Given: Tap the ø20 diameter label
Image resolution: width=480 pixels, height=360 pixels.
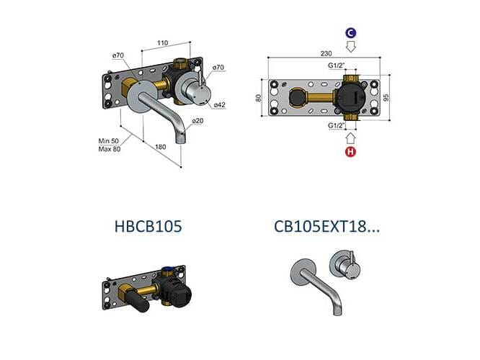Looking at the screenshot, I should tap(199, 120).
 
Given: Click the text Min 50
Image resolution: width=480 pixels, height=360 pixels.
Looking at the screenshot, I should tap(110, 140).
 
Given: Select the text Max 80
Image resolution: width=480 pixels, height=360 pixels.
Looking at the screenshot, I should tap(110, 148).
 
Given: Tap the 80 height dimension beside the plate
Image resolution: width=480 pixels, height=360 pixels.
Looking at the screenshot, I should tap(259, 98).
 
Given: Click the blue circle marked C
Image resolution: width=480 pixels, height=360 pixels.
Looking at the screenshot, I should tap(350, 33).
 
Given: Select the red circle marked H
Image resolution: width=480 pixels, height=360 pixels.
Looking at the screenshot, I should tap(351, 152).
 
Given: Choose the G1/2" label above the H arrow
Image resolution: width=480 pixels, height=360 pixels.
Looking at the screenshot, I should tap(336, 125).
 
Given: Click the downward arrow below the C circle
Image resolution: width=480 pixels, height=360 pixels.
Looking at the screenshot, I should tap(351, 48).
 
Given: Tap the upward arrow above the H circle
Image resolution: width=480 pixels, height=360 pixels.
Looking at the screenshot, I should tap(351, 137).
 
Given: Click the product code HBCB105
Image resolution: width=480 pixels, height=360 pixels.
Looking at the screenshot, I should tap(148, 226).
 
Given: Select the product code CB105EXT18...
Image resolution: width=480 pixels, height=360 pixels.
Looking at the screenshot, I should tap(326, 226).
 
